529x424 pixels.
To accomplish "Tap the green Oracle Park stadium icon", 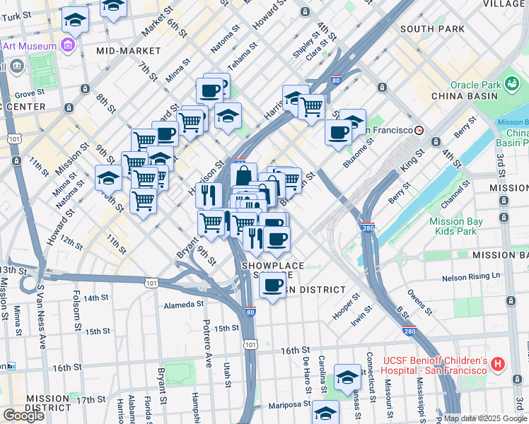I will click(513, 86).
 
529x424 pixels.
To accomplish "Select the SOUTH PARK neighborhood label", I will click(432, 29).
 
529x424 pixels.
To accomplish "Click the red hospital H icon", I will click(498, 365).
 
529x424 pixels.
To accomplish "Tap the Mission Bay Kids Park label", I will click(456, 226).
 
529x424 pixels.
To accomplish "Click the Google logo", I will click(23, 415).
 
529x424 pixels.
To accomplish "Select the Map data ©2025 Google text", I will click(485, 418).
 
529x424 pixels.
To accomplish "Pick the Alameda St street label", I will click(183, 304).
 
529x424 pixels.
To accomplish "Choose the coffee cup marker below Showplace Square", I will click(272, 285).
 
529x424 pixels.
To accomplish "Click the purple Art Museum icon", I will click(69, 47).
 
